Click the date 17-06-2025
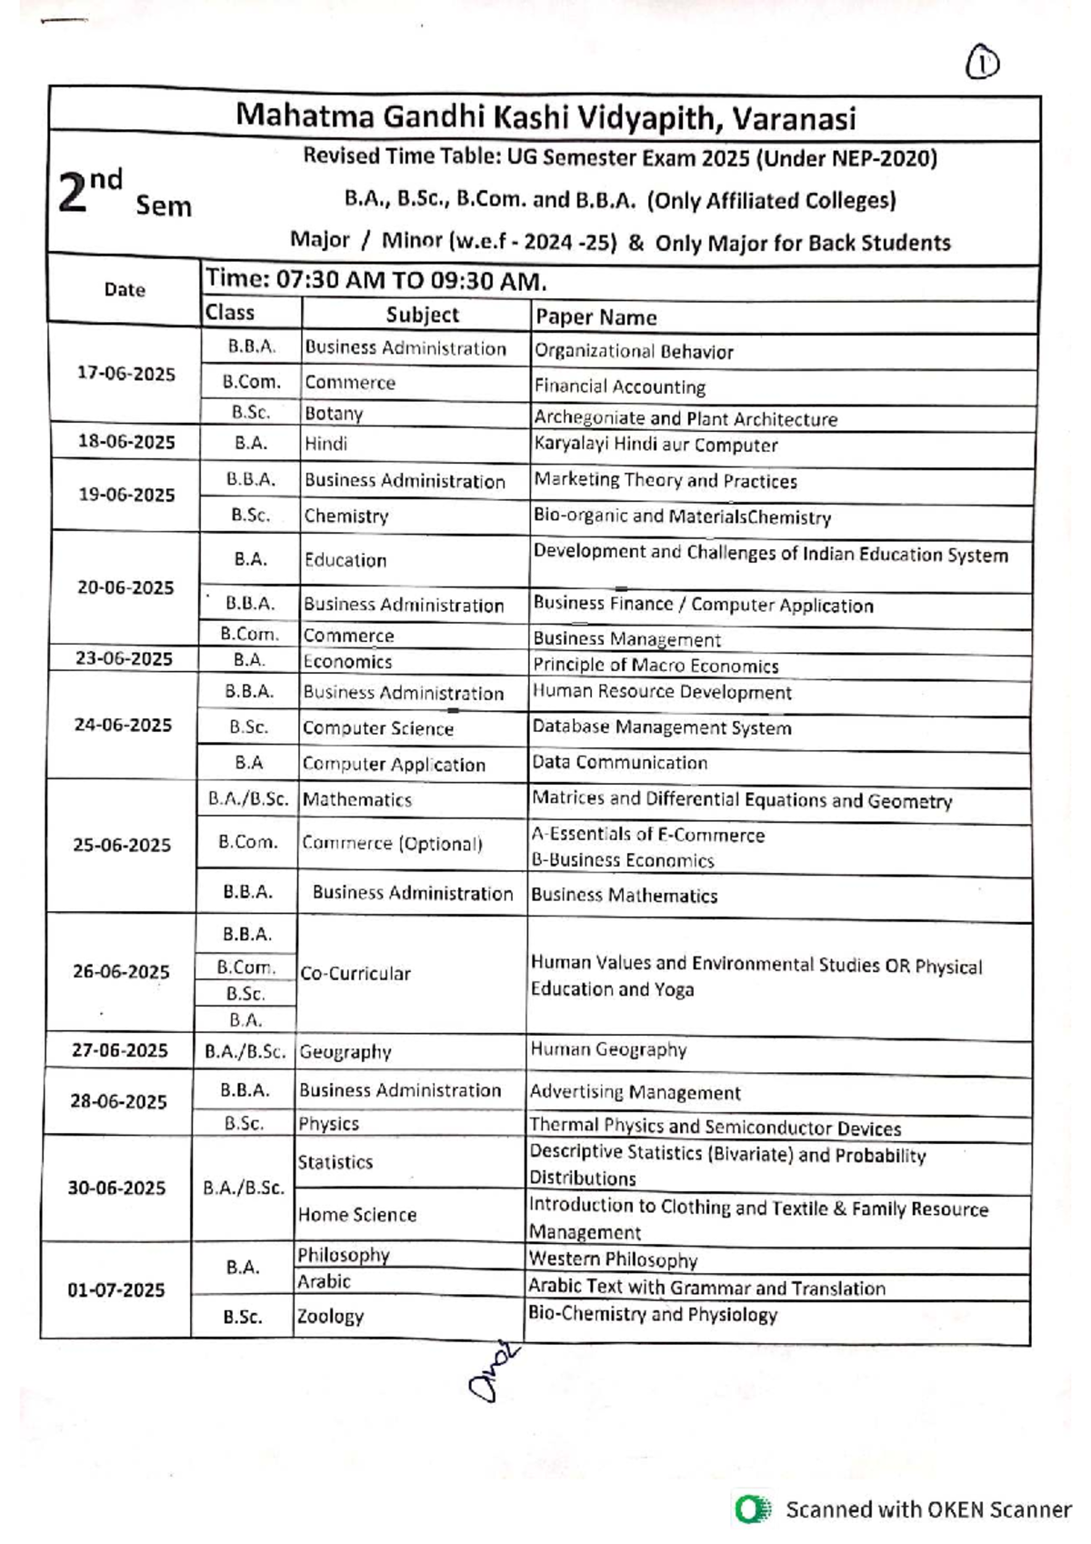coord(126,374)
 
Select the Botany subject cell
coord(334,414)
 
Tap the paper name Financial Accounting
coord(620,386)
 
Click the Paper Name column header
coord(596,317)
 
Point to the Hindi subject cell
coord(325,444)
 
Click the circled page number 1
coord(982,64)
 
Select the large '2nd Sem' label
coord(123,193)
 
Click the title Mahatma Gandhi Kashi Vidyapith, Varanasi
coord(545,118)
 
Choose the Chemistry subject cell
coord(346,516)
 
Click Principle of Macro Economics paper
coord(656,666)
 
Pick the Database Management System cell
coord(662,727)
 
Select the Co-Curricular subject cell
coord(355,973)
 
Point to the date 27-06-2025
coord(120,1050)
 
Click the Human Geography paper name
coord(609,1049)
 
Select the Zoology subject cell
coord(331,1316)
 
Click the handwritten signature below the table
coord(494,1373)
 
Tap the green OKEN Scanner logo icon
coord(751,1509)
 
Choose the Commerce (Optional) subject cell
coord(393,843)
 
